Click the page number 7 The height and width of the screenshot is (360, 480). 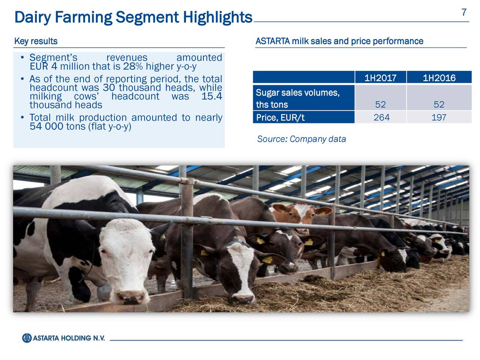click(464, 12)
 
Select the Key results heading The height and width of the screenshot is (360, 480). click(36, 41)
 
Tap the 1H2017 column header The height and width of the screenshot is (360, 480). click(380, 78)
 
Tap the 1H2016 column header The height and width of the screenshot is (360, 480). click(439, 78)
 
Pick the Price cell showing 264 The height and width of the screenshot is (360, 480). click(381, 117)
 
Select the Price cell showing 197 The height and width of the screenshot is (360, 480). click(439, 117)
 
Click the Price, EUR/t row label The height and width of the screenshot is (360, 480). click(280, 118)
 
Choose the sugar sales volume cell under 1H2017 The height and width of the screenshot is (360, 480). click(380, 105)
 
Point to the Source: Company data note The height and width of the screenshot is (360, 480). click(301, 139)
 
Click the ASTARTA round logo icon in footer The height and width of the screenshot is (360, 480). click(27, 338)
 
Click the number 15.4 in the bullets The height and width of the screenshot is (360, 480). click(211, 96)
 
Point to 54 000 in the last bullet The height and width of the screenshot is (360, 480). click(46, 126)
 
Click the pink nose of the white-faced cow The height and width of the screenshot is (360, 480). click(130, 298)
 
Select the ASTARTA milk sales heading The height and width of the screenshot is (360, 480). click(339, 41)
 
